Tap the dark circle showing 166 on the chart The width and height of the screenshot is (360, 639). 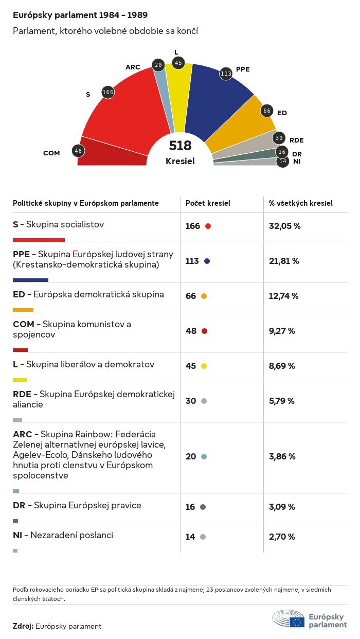pyautogui.click(x=108, y=92)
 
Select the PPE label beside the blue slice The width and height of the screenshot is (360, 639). pyautogui.click(x=243, y=69)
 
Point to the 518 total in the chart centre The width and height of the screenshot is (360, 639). pyautogui.click(x=180, y=146)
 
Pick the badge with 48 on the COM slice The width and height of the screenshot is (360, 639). pyautogui.click(x=78, y=151)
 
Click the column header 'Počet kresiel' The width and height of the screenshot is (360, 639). pyautogui.click(x=208, y=203)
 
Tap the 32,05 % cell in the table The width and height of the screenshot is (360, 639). pyautogui.click(x=284, y=226)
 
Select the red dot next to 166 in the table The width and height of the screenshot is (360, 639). pyautogui.click(x=208, y=226)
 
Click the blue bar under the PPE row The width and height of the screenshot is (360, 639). pyautogui.click(x=30, y=280)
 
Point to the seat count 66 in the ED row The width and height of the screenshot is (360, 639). pyautogui.click(x=191, y=296)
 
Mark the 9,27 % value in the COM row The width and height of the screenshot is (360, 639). pyautogui.click(x=282, y=331)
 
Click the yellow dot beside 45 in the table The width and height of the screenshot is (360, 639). pyautogui.click(x=204, y=366)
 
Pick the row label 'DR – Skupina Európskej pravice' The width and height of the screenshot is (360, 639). pyautogui.click(x=77, y=505)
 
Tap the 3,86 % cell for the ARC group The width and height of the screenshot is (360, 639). pyautogui.click(x=282, y=456)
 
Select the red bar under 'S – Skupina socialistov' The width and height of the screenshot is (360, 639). pyautogui.click(x=39, y=240)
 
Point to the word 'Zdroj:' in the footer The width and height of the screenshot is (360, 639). pyautogui.click(x=23, y=626)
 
